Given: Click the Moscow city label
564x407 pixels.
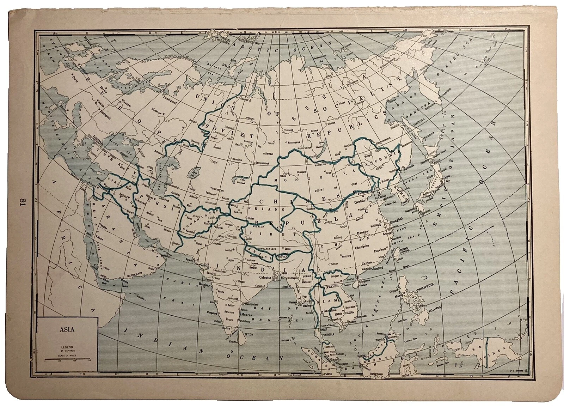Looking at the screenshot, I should [157, 112].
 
